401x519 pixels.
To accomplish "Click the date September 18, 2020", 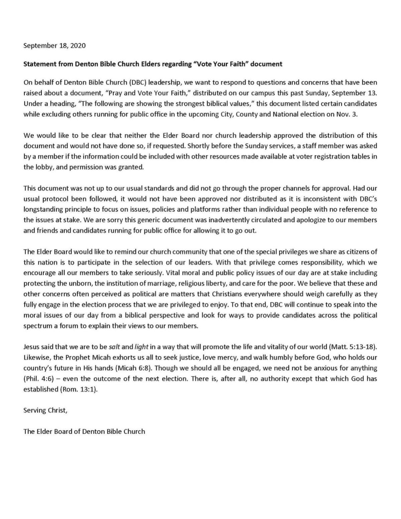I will pyautogui.click(x=54, y=46).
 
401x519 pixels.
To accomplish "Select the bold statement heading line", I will pyautogui.click(x=153, y=64).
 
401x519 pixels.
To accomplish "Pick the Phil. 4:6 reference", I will pyautogui.click(x=39, y=379).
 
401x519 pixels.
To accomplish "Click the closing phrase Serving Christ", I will pyautogui.click(x=45, y=410).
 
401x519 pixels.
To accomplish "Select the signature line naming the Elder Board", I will pyautogui.click(x=84, y=431).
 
